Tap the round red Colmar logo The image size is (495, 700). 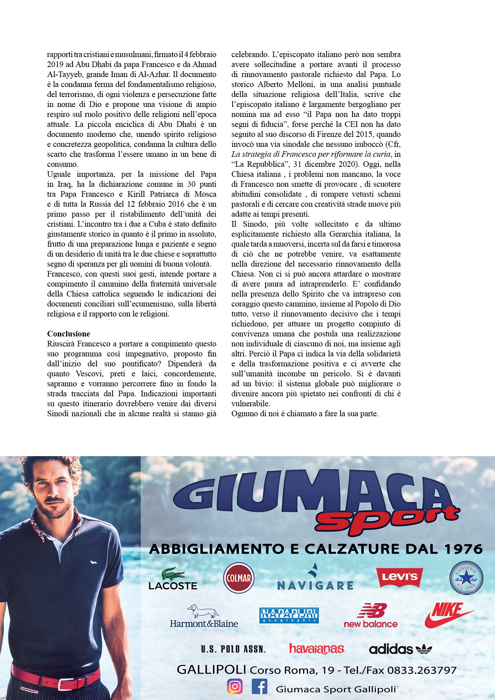[239, 578]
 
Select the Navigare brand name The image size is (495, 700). [315, 585]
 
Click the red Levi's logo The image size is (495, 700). [400, 577]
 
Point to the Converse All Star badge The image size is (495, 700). [466, 578]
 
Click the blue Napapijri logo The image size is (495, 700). [289, 615]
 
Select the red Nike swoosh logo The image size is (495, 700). [448, 615]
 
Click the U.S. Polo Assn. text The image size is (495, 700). [233, 649]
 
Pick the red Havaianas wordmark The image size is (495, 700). [317, 649]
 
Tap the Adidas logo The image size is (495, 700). [400, 649]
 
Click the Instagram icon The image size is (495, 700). [235, 686]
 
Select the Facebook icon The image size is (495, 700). [259, 686]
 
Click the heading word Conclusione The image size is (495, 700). [69, 334]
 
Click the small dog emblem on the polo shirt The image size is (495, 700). [93, 563]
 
